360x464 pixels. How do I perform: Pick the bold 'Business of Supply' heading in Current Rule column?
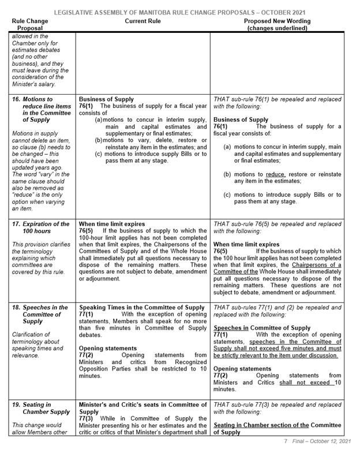pyautogui.click(x=106, y=99)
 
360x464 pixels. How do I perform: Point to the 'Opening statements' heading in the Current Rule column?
pyautogui.click(x=106, y=349)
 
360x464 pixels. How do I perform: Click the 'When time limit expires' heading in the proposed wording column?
pyautogui.click(x=247, y=244)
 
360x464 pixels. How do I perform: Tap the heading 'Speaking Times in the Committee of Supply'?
pyautogui.click(x=142, y=307)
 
